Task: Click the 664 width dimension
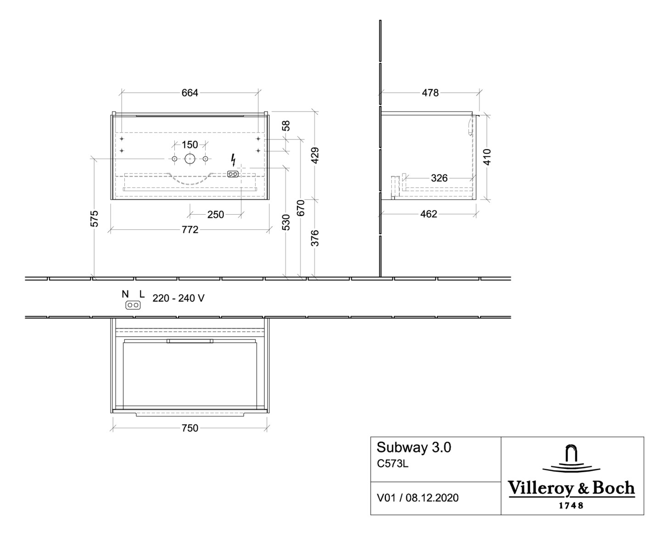190,93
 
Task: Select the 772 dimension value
190,229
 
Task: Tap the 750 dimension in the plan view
190,428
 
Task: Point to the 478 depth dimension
430,93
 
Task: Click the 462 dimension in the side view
429,214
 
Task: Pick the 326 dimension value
439,178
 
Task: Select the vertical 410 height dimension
487,157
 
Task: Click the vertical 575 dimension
94,218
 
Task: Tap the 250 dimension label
216,214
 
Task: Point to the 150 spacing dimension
190,145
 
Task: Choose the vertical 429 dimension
315,156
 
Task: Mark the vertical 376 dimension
315,238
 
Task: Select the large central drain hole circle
190,159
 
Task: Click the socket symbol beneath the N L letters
133,305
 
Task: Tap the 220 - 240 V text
178,298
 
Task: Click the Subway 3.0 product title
413,447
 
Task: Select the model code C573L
392,463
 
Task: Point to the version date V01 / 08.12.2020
417,498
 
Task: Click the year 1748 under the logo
571,506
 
